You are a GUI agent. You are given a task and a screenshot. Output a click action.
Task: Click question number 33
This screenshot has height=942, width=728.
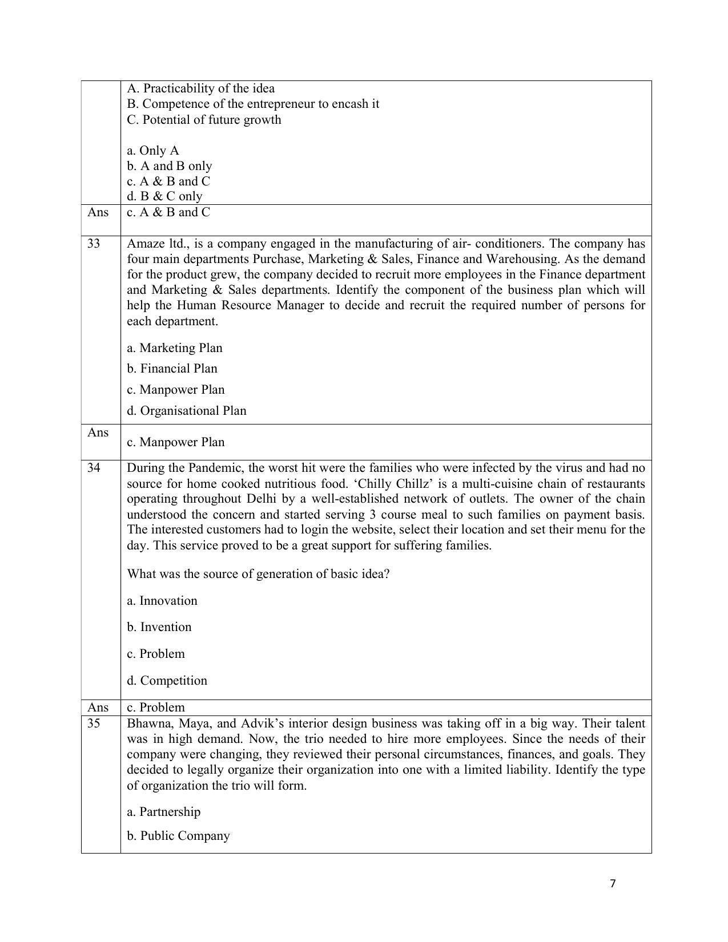click(x=94, y=244)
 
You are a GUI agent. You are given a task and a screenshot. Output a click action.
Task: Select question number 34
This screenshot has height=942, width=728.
click(x=94, y=468)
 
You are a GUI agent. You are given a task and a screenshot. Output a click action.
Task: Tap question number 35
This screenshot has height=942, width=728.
click(x=94, y=723)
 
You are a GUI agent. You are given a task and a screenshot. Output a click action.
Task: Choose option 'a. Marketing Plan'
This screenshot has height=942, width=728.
click(x=175, y=348)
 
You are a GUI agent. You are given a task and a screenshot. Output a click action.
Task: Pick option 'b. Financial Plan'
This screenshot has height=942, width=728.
click(x=172, y=369)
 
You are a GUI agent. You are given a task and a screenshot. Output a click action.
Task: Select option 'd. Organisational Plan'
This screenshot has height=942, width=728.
click(x=187, y=411)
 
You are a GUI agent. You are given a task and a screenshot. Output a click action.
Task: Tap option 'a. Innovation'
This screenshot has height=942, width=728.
click(x=162, y=601)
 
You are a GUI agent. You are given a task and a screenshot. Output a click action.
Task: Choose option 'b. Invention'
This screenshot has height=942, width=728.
click(x=159, y=627)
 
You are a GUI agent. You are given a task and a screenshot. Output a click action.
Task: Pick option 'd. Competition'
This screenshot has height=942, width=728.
click(x=167, y=681)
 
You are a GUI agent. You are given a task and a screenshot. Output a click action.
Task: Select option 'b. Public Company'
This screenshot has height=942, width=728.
click(x=178, y=836)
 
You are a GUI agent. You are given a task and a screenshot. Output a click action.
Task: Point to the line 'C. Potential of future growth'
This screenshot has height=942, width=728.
click(x=204, y=120)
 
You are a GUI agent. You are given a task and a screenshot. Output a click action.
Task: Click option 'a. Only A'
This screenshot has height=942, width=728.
click(x=153, y=151)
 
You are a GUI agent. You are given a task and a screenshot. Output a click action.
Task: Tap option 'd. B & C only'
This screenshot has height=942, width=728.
click(x=165, y=196)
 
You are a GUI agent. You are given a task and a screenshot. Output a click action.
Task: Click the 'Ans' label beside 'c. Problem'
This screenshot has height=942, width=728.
click(x=98, y=707)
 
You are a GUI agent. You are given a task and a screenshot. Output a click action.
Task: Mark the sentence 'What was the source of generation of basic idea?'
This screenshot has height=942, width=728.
click(x=258, y=574)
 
